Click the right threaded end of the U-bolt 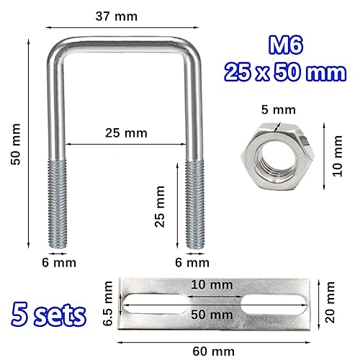point(193,205)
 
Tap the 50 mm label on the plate point(212,314)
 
